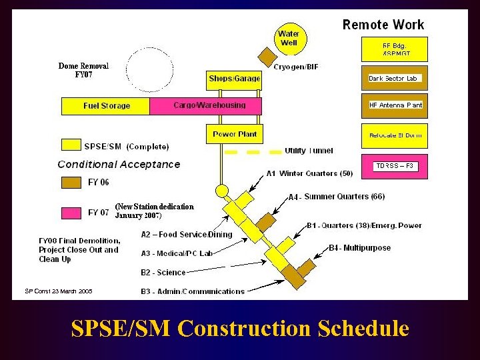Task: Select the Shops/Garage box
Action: pyautogui.click(x=234, y=79)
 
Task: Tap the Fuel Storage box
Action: pyautogui.click(x=106, y=106)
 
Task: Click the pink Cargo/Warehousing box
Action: pyautogui.click(x=207, y=106)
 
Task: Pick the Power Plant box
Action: pyautogui.click(x=234, y=134)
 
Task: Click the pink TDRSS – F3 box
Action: pyautogui.click(x=395, y=165)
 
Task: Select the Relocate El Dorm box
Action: pyautogui.click(x=395, y=135)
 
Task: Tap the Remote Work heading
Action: pyautogui.click(x=383, y=25)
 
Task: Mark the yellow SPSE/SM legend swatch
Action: pyautogui.click(x=71, y=145)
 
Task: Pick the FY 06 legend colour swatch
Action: pyautogui.click(x=71, y=182)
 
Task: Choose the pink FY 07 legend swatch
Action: pyautogui.click(x=71, y=213)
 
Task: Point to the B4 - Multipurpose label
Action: pyautogui.click(x=360, y=248)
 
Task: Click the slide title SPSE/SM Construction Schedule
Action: pyautogui.click(x=239, y=329)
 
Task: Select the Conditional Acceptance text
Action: pyautogui.click(x=119, y=164)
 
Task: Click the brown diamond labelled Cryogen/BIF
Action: pyautogui.click(x=267, y=56)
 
